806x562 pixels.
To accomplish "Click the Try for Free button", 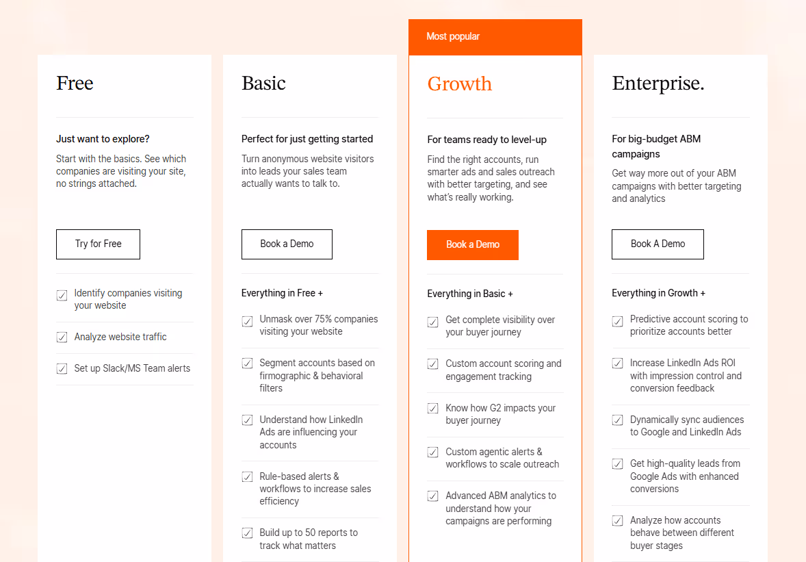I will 98,244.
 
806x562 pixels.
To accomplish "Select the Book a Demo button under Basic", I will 287,244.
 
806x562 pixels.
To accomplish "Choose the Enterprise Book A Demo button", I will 658,244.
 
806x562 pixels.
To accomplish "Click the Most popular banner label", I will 453,36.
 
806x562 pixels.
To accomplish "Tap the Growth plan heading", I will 459,84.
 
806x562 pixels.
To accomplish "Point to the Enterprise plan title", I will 658,84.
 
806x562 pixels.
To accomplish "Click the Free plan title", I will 75,84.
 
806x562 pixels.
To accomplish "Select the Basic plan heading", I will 263,84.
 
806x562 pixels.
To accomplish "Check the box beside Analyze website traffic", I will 62,337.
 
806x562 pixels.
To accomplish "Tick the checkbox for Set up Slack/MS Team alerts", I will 62,369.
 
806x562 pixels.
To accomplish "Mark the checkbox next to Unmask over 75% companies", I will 248,321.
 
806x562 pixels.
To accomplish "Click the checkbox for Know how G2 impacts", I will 433,409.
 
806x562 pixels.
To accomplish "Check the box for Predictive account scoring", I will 618,321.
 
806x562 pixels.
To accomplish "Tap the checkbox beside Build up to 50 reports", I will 248,533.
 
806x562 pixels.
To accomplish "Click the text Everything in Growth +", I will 658,293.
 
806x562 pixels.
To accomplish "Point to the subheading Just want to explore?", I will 103,139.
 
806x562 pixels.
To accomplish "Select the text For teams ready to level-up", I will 486,140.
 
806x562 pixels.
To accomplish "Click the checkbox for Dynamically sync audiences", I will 618,420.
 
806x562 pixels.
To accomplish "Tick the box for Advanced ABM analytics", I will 433,496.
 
